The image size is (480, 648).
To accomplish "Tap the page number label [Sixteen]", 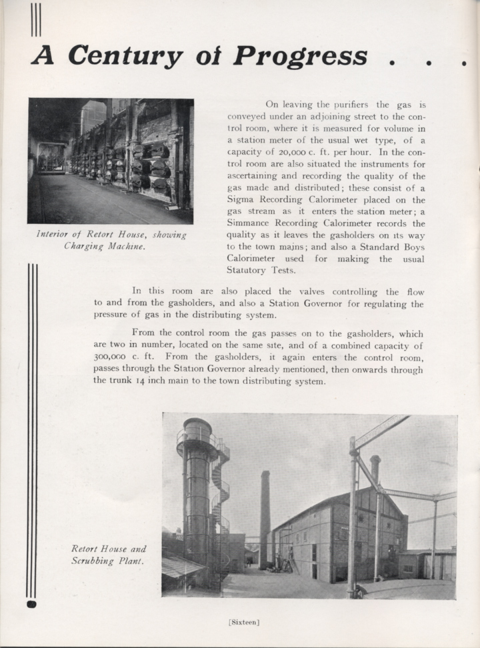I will [x=243, y=622].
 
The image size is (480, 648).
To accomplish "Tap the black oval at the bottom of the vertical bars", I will [x=31, y=604].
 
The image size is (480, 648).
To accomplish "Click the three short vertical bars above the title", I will [x=36, y=19].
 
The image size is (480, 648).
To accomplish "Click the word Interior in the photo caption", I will [x=52, y=235].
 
